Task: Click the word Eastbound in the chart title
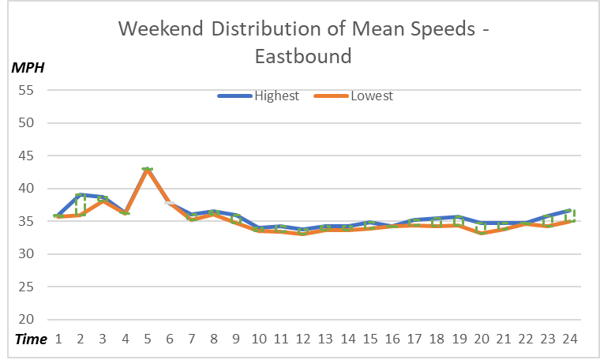(x=303, y=56)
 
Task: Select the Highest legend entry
(x=276, y=96)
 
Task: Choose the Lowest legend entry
(x=371, y=96)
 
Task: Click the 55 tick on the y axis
(x=28, y=90)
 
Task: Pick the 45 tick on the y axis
(x=28, y=156)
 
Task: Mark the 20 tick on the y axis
(x=28, y=320)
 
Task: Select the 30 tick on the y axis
(x=28, y=254)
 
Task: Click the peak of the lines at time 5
(x=147, y=169)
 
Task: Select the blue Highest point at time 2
(x=80, y=194)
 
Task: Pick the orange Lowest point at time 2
(x=80, y=215)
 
